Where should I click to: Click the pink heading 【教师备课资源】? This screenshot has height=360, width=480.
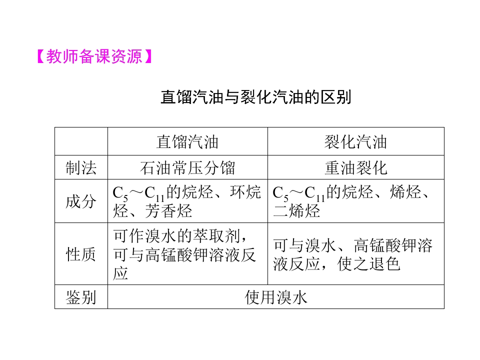(x=94, y=56)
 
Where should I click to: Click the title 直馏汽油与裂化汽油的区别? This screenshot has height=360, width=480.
(x=256, y=97)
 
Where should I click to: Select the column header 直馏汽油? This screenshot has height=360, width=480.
(x=187, y=142)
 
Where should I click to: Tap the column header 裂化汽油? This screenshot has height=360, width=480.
(x=355, y=142)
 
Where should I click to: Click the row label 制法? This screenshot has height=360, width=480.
(x=81, y=168)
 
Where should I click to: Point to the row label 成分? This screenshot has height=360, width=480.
(x=81, y=201)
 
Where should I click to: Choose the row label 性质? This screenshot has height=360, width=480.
(x=81, y=254)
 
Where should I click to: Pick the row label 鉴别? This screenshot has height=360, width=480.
(x=81, y=297)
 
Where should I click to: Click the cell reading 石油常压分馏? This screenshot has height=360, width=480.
(x=187, y=168)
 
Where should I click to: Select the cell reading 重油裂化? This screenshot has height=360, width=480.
(x=355, y=168)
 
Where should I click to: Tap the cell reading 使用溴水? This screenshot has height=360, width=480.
(x=276, y=297)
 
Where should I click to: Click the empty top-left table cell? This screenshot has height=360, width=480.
(x=81, y=141)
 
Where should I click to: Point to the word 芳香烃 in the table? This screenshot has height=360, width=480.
(x=168, y=211)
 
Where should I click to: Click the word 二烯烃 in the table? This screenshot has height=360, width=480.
(x=296, y=210)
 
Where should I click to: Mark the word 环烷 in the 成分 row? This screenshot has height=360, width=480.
(x=245, y=192)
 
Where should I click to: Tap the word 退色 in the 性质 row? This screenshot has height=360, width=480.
(x=384, y=264)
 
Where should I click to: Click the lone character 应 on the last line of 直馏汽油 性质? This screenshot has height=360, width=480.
(x=120, y=273)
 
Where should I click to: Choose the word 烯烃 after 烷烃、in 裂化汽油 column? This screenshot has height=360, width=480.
(x=405, y=192)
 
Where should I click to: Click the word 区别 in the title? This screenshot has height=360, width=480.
(x=336, y=97)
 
